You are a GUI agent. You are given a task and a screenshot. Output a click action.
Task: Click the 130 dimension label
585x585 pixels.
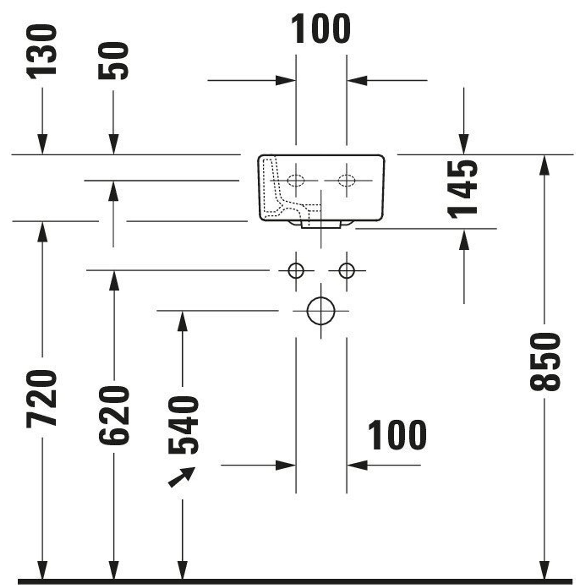42,52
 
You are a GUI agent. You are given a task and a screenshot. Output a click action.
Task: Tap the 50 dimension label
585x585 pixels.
113,61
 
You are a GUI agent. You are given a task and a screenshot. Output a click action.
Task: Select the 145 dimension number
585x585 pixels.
462,189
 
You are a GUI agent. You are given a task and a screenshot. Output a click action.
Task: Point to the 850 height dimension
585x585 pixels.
545,362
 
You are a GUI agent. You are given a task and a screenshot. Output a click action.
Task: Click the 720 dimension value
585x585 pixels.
42,398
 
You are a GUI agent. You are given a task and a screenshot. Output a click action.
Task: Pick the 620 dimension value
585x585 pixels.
114,415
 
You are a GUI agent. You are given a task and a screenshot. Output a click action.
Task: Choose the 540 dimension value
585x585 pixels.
183,425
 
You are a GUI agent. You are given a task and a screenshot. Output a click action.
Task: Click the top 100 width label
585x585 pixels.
320,29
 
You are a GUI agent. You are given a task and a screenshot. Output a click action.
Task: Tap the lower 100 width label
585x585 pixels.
397,436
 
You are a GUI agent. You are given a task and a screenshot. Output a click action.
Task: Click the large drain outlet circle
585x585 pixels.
321,311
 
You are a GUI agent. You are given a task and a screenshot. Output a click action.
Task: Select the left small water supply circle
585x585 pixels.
296,270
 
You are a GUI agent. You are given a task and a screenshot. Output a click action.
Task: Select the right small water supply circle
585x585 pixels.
347,270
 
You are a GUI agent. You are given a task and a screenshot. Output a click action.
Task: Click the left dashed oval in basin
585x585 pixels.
295,180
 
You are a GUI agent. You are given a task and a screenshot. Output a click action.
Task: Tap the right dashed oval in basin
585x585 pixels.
347,180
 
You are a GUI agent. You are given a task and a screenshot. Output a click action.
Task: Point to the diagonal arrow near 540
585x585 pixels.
182,477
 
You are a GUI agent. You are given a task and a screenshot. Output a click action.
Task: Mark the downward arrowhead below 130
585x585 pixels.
42,144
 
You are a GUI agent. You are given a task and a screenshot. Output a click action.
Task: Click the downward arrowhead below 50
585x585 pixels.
113,144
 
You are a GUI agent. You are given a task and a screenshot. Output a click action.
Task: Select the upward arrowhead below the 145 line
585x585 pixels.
464,240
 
